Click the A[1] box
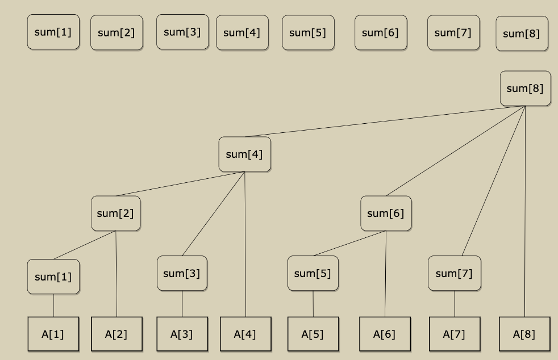53,334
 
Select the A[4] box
245,334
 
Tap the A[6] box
385,334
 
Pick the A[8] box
524,334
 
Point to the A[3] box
182,334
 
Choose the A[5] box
313,334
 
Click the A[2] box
116,334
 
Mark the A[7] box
455,334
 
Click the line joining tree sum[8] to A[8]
525,216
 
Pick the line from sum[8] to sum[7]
494,181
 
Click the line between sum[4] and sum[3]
214,213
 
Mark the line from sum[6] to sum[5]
349,243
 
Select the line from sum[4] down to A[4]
245,244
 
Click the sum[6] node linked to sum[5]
386,214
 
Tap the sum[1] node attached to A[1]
53,277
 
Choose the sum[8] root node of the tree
525,89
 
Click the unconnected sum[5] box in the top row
308,32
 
